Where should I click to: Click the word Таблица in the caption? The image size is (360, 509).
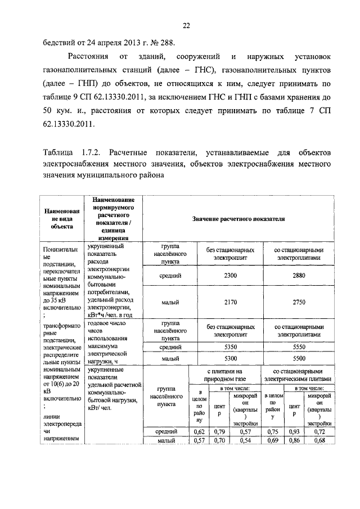(x=58, y=153)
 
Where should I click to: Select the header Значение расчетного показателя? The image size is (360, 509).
(x=238, y=219)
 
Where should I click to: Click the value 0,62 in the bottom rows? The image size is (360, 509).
(x=198, y=431)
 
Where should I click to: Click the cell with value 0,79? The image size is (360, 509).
(x=219, y=431)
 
